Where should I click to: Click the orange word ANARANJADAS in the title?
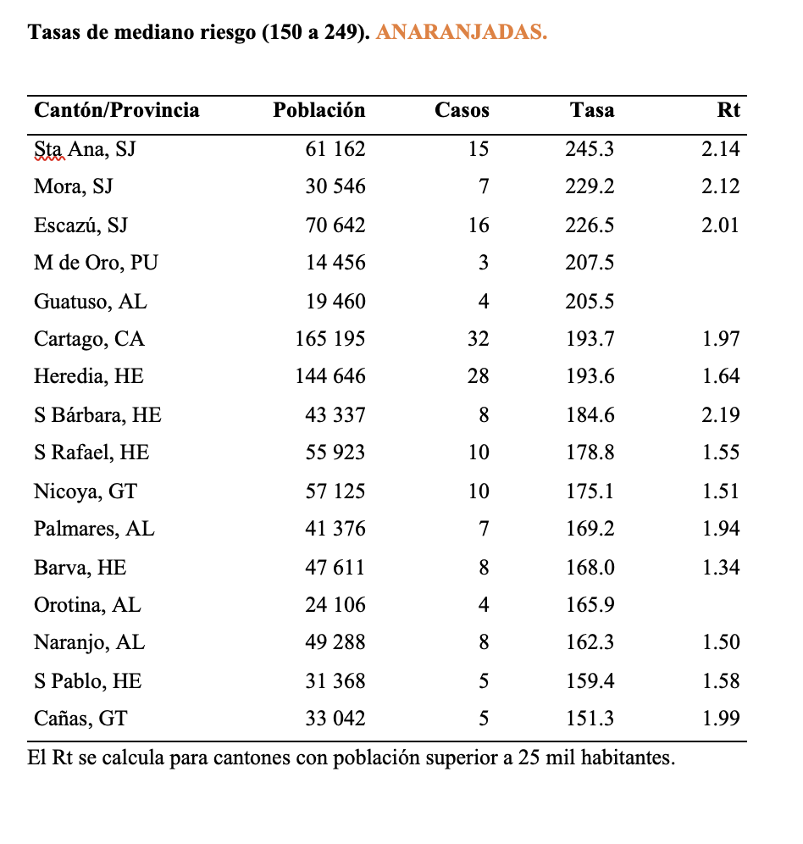click(460, 33)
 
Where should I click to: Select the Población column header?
click(319, 110)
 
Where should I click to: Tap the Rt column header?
click(728, 110)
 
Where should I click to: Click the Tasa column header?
click(592, 110)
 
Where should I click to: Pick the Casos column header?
click(462, 110)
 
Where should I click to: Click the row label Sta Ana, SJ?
click(85, 149)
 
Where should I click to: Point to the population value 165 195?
click(330, 339)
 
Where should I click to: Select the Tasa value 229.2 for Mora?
click(590, 186)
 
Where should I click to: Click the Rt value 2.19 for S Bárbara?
click(721, 415)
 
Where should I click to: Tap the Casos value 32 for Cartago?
click(478, 339)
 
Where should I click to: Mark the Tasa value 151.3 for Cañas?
click(590, 719)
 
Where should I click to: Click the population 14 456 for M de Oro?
click(335, 263)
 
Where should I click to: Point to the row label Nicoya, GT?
click(86, 491)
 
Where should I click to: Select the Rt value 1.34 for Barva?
click(721, 568)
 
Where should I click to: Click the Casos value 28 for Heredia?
click(478, 377)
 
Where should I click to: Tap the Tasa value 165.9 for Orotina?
click(590, 605)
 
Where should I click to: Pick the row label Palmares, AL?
click(94, 530)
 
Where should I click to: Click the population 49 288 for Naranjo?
click(335, 643)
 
